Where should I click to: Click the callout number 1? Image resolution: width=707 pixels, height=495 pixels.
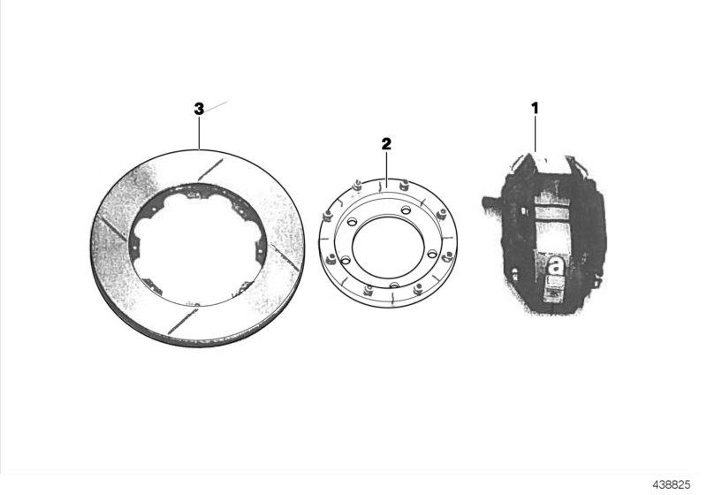[x=535, y=108]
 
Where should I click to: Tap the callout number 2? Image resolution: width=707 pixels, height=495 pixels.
[x=386, y=142]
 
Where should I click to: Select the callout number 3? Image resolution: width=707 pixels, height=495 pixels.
[x=199, y=109]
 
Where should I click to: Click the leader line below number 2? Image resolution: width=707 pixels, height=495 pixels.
[x=386, y=166]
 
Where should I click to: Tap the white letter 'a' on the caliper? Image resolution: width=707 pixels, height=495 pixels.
[x=556, y=264]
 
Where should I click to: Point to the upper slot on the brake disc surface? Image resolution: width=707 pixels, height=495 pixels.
[x=209, y=166]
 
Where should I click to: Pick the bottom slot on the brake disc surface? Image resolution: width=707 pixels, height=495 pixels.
[x=180, y=320]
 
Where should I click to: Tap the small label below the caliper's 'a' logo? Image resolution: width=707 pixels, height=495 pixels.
[x=555, y=285]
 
